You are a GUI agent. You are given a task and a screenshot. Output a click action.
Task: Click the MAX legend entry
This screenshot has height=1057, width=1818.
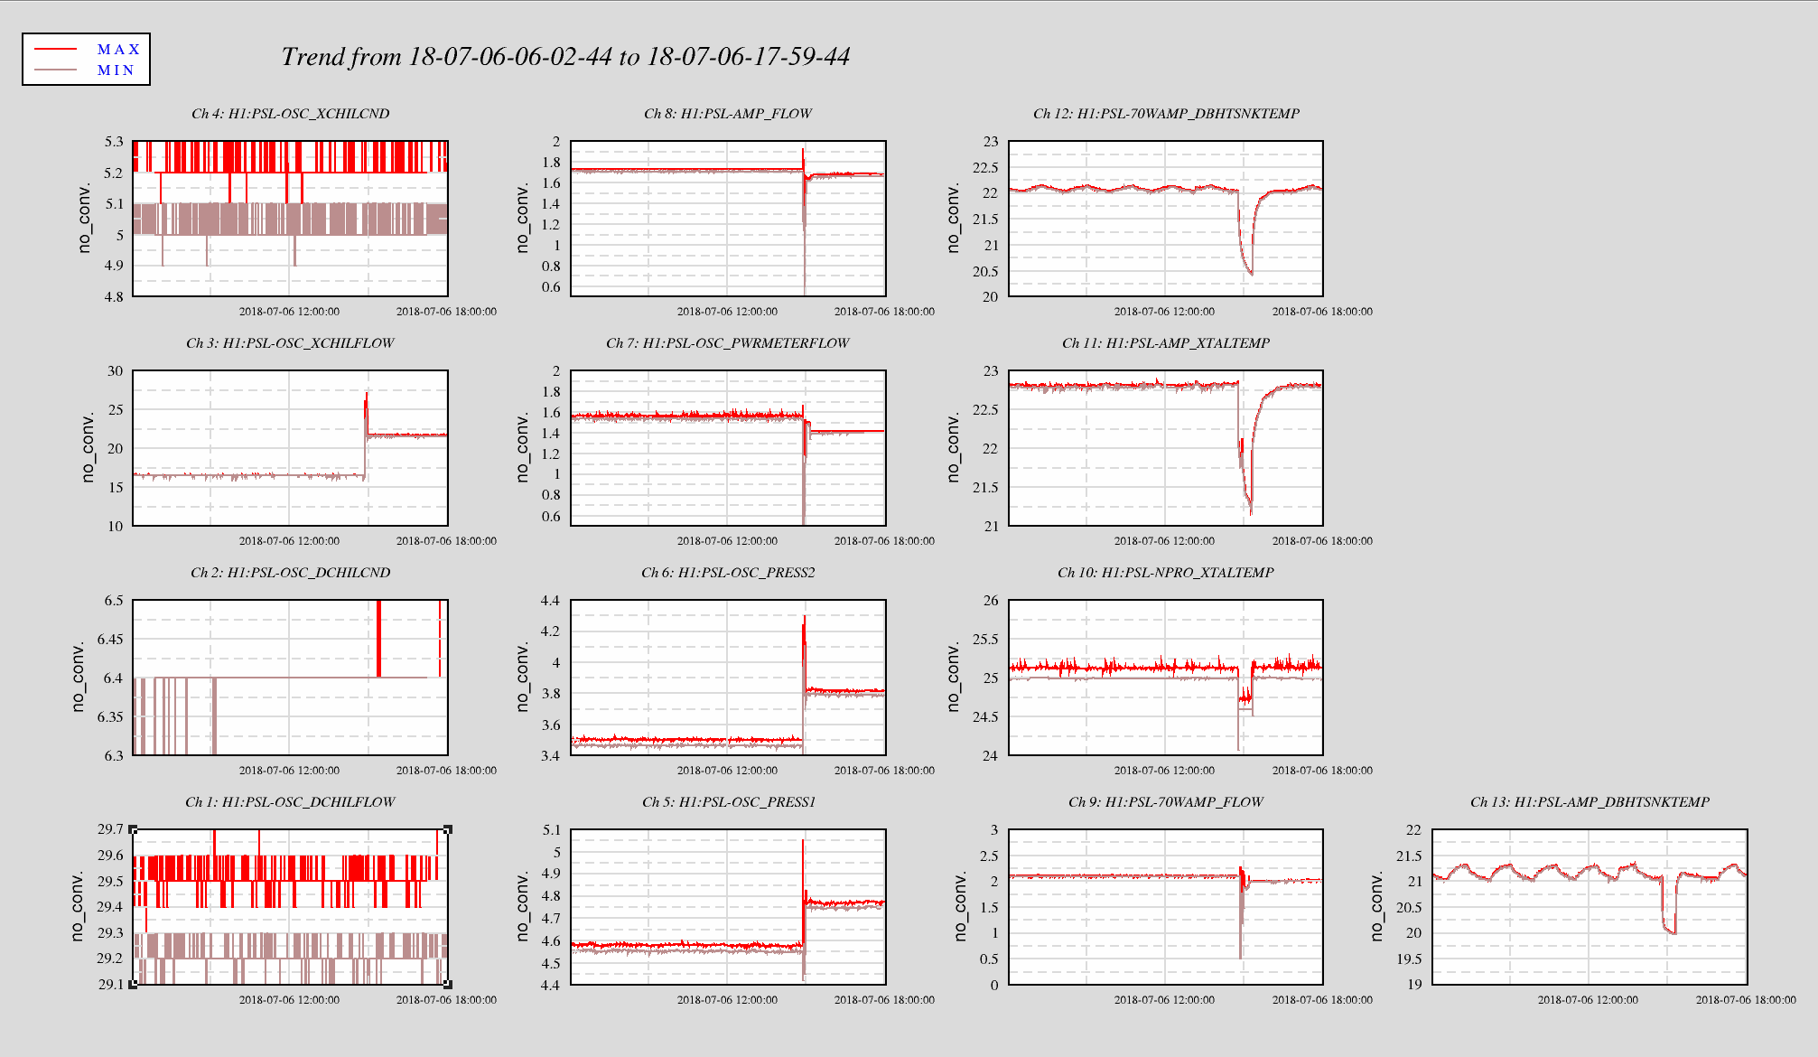click(x=118, y=50)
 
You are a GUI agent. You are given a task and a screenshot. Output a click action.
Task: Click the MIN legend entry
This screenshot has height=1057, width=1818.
click(x=116, y=70)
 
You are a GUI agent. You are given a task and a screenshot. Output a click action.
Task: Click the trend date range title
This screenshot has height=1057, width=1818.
click(x=565, y=57)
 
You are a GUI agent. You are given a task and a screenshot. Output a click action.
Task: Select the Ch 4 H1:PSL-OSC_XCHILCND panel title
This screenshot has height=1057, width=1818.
click(x=290, y=114)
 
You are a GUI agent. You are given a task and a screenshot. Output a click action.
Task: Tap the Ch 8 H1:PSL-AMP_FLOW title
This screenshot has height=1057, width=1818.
click(x=728, y=114)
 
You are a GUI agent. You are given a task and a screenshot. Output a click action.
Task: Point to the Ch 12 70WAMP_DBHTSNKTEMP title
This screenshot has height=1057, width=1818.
click(x=1166, y=114)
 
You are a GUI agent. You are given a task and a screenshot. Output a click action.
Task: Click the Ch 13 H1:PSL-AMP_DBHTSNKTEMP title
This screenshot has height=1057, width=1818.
click(x=1590, y=802)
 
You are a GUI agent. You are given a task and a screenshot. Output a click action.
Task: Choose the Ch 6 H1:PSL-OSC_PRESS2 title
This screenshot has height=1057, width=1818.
click(x=728, y=573)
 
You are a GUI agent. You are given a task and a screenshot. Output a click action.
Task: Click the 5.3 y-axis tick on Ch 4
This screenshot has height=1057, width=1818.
click(x=114, y=142)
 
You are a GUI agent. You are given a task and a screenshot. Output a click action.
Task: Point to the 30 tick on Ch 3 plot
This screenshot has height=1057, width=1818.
click(x=115, y=371)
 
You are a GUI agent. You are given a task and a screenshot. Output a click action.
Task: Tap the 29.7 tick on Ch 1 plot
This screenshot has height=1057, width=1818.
click(x=111, y=829)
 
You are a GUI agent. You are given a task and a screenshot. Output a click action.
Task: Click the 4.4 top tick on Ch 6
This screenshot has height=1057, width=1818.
click(x=550, y=601)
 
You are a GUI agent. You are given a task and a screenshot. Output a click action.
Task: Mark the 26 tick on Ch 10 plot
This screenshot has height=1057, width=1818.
click(x=991, y=601)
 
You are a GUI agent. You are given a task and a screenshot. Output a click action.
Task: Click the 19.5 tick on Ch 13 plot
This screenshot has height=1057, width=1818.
click(x=1409, y=959)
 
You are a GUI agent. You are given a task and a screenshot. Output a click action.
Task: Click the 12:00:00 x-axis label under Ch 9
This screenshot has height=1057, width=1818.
click(x=1164, y=1000)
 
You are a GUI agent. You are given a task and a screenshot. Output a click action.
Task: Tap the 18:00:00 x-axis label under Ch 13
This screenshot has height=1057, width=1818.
click(x=1746, y=1000)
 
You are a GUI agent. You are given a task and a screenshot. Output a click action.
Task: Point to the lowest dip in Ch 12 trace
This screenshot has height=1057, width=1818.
click(x=1251, y=274)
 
